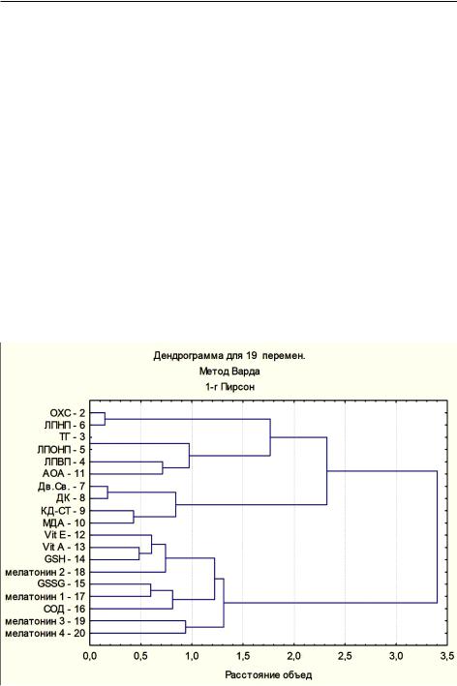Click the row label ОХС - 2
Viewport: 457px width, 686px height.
(68, 413)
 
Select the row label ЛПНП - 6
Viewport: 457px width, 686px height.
(64, 426)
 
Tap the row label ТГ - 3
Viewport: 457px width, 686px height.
(72, 437)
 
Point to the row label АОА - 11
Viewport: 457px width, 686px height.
(64, 474)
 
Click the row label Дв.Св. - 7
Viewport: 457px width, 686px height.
(61, 487)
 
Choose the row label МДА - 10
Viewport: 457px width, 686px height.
(64, 523)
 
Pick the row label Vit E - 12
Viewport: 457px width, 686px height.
(65, 535)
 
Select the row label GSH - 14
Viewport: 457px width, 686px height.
(65, 559)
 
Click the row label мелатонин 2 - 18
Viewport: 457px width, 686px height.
(46, 572)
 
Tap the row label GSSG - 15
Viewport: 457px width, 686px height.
(61, 584)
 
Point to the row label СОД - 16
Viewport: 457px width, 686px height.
(64, 609)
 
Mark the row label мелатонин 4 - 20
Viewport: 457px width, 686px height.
(46, 634)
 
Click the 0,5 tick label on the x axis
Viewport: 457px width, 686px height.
(140, 656)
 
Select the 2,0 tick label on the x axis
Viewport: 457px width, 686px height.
(293, 656)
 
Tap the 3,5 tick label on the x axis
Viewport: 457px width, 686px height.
(447, 656)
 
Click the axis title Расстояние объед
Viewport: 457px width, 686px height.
(268, 675)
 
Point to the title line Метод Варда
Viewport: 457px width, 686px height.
(229, 372)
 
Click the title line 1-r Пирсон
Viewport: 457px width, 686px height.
(229, 387)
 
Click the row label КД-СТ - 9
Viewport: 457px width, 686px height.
(63, 511)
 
